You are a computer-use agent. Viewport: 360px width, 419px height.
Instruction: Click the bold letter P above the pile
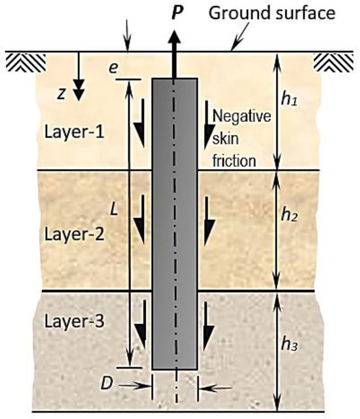click(x=177, y=12)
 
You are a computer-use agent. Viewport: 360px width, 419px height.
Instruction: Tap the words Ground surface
click(x=272, y=13)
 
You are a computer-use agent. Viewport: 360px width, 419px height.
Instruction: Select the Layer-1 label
click(x=74, y=132)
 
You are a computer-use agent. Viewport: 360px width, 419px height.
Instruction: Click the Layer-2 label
click(x=74, y=234)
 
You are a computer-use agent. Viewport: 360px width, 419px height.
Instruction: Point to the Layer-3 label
click(x=74, y=321)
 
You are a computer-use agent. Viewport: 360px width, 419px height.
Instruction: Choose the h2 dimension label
click(x=289, y=215)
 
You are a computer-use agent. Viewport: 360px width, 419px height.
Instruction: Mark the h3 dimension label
click(x=289, y=344)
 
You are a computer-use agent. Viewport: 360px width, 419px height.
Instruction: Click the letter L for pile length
click(x=114, y=209)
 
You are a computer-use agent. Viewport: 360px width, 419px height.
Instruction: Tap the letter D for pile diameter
click(x=107, y=384)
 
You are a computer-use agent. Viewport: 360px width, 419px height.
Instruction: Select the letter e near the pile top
click(x=113, y=68)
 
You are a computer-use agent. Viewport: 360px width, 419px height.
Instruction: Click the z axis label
click(x=62, y=94)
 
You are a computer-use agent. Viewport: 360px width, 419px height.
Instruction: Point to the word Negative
click(x=242, y=117)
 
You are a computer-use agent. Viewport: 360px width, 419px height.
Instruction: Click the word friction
click(x=234, y=161)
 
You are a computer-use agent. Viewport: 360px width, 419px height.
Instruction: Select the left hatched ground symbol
click(x=26, y=62)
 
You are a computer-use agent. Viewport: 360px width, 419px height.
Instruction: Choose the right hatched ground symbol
click(x=334, y=62)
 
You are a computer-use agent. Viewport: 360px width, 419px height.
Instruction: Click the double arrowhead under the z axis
click(x=79, y=90)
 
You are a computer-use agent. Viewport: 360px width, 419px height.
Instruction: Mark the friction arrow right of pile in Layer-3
click(x=209, y=326)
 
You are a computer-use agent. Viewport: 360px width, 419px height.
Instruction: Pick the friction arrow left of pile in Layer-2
click(x=140, y=220)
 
